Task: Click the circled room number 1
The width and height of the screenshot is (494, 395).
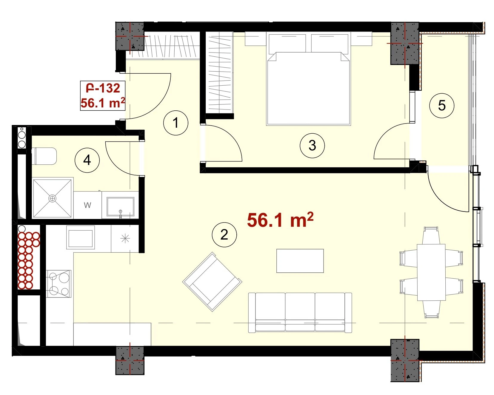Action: coord(176,123)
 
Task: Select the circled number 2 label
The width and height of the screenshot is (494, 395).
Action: coord(224,234)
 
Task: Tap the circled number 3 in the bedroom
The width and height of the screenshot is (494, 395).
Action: coord(312,146)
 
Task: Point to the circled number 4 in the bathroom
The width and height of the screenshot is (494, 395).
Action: coord(87,160)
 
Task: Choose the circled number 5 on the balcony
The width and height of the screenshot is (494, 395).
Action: coord(442,105)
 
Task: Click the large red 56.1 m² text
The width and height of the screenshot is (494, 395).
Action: coord(280,220)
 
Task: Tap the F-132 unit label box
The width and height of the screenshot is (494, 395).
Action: coord(103,95)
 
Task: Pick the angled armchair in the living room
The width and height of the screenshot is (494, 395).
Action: coord(212,282)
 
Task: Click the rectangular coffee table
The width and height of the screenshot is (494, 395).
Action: coord(300,261)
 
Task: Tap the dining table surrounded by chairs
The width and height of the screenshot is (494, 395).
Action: coord(431,272)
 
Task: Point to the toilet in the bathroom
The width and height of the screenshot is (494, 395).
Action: coord(44,156)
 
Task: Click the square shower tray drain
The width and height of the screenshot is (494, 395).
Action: coord(52,198)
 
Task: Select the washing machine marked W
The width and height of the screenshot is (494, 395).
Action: coord(87,205)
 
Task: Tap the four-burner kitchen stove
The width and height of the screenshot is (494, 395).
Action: coord(59,284)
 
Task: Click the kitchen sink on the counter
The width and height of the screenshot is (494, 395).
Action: coord(80,237)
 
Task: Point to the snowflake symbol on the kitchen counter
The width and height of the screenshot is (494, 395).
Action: coord(125,238)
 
